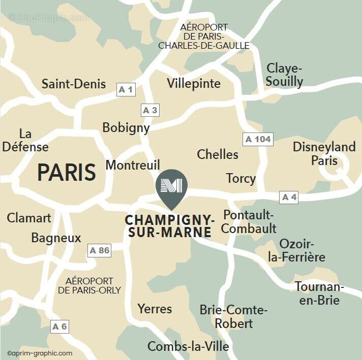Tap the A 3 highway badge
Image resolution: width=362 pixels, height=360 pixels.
tap(150, 110)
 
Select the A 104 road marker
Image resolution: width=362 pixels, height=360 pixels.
tap(258, 139)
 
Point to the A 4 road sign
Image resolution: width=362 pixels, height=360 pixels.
tap(289, 198)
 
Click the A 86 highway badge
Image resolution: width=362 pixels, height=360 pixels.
tap(99, 250)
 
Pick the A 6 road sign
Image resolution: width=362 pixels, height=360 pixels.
tap(59, 326)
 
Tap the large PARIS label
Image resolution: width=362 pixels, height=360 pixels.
tap(67, 173)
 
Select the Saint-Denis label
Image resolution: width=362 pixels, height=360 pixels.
tap(74, 84)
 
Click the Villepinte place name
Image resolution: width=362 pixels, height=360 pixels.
tap(194, 84)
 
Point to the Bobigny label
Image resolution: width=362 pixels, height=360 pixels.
tap(126, 127)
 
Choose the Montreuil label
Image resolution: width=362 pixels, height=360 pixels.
tap(133, 165)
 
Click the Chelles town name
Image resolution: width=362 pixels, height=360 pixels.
tap(218, 154)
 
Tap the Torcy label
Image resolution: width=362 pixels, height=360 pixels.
tap(241, 178)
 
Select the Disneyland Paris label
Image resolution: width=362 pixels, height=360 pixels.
tap(324, 154)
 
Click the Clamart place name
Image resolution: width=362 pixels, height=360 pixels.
tap(29, 218)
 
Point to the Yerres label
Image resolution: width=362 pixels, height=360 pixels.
tap(155, 309)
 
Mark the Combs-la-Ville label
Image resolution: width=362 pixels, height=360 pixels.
tap(188, 346)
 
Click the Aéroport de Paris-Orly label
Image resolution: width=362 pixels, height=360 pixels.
tap(89, 285)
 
